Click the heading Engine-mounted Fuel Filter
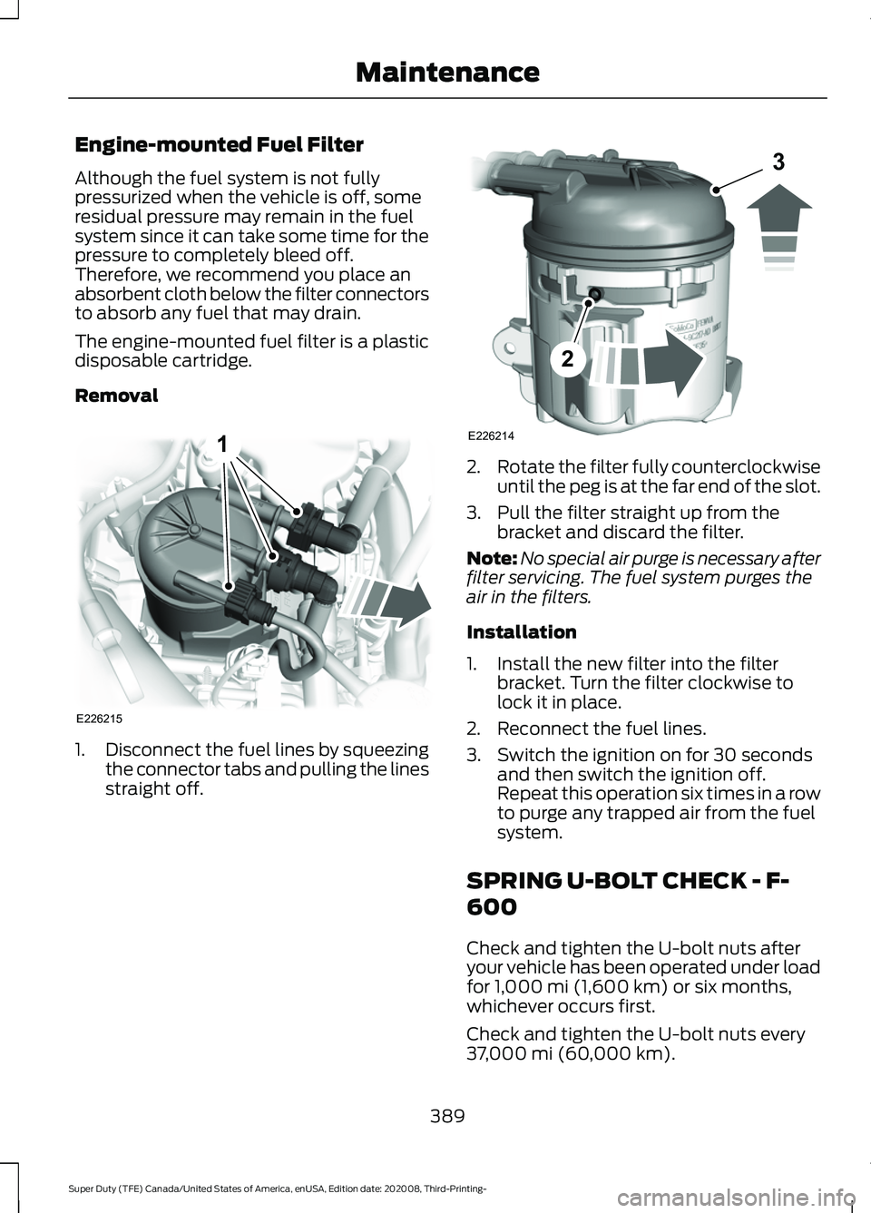219,144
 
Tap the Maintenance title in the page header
447,72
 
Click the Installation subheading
521,631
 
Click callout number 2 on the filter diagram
567,359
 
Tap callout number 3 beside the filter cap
778,164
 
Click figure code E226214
491,436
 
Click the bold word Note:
492,558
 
